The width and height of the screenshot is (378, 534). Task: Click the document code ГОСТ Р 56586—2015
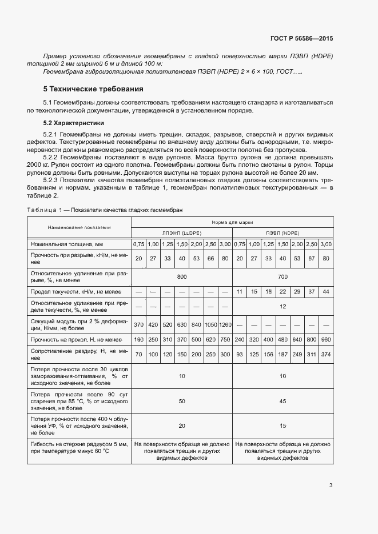coord(301,38)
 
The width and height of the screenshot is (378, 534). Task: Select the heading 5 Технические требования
coord(93,89)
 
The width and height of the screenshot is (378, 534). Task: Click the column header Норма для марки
coord(232,222)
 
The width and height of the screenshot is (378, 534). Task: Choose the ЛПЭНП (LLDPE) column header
coord(182,233)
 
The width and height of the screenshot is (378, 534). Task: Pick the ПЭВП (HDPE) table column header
coord(282,233)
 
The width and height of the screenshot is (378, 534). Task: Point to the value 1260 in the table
coord(225,324)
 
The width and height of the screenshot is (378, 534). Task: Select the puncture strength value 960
coord(327,339)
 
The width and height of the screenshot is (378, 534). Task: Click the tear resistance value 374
coord(327,354)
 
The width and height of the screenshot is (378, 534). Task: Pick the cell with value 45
coord(282,401)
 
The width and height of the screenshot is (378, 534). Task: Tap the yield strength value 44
coord(327,292)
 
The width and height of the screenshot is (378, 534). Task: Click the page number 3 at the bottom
coord(331,486)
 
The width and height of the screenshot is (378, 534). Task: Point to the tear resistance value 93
coord(239,354)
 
